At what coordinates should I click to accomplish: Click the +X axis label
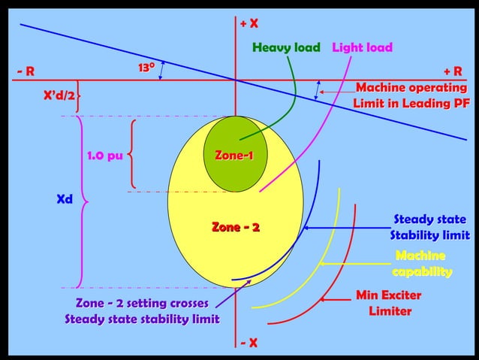(249, 24)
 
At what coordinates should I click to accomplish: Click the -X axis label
(249, 343)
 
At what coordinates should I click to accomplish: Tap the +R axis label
(453, 71)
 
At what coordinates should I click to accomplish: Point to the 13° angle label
(146, 68)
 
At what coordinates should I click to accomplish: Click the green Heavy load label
(286, 48)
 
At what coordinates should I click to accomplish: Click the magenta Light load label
(362, 48)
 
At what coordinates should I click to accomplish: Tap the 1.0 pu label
(105, 156)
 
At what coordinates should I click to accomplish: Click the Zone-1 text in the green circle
(234, 156)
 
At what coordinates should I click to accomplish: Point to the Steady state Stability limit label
(429, 228)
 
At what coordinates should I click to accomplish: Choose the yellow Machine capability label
(422, 264)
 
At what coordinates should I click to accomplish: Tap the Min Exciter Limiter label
(390, 303)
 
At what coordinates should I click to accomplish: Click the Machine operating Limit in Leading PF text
(412, 95)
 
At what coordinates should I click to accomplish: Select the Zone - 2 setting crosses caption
(142, 311)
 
